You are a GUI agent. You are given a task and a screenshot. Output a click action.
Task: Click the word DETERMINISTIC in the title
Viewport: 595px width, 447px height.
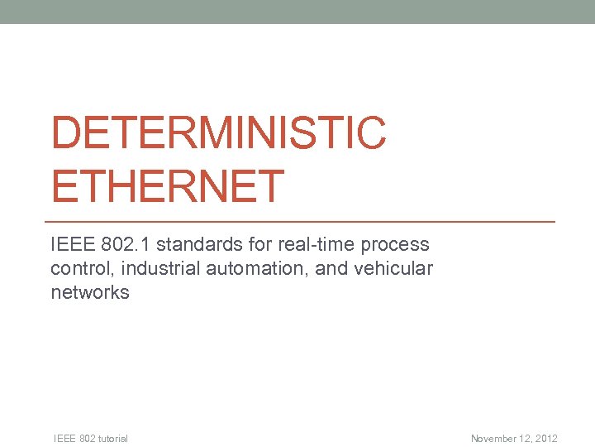click(x=218, y=134)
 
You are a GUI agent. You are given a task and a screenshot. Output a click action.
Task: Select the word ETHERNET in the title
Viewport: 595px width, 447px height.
click(x=168, y=186)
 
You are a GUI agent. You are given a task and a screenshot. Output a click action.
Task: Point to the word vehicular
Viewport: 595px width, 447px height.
click(x=394, y=269)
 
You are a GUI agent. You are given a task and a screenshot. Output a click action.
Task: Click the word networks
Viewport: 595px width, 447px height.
click(x=90, y=293)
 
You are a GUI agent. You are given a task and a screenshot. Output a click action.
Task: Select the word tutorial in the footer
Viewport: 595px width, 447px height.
click(x=112, y=439)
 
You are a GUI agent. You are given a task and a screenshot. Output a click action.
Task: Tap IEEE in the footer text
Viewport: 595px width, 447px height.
click(x=64, y=439)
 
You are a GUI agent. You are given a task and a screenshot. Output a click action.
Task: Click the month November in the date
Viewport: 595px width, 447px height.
click(x=495, y=439)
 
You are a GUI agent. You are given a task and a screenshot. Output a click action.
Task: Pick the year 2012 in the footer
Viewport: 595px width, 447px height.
click(x=546, y=439)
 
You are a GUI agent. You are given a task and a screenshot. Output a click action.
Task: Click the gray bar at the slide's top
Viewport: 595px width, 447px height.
click(x=297, y=12)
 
